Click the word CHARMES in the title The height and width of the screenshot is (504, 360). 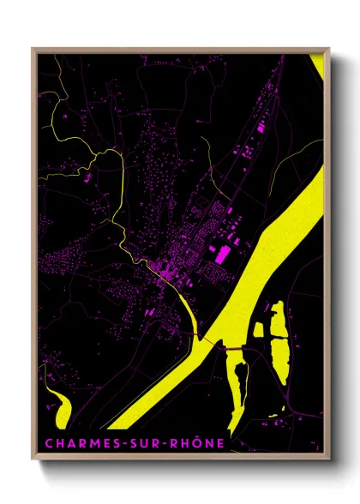75,443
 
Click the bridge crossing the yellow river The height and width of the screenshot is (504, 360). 230,348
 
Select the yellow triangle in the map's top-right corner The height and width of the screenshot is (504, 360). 318,65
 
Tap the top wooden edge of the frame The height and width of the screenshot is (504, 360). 180,49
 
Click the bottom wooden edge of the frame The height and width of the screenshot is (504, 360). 180,459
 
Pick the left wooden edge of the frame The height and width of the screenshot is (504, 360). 33,257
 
